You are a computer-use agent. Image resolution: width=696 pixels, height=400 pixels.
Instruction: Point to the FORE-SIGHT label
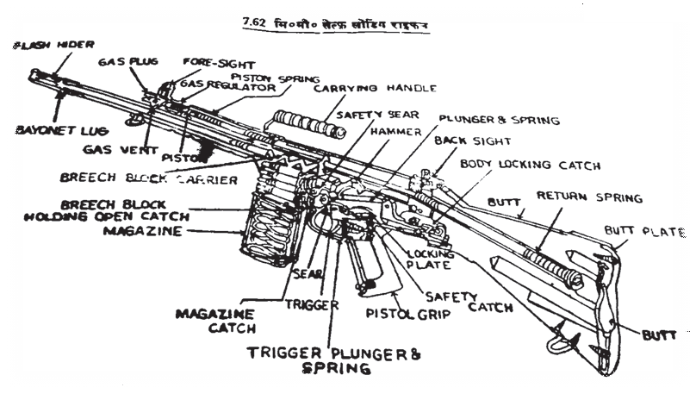click(212, 62)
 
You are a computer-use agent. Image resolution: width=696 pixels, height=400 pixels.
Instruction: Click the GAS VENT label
click(115, 149)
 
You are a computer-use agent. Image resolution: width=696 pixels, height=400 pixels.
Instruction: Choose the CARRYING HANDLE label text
click(375, 88)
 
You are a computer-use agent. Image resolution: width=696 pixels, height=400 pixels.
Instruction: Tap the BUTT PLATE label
click(645, 232)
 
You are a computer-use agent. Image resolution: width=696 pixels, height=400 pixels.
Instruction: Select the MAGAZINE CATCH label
click(215, 320)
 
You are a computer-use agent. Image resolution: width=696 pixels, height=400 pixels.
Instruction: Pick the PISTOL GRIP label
click(407, 315)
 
